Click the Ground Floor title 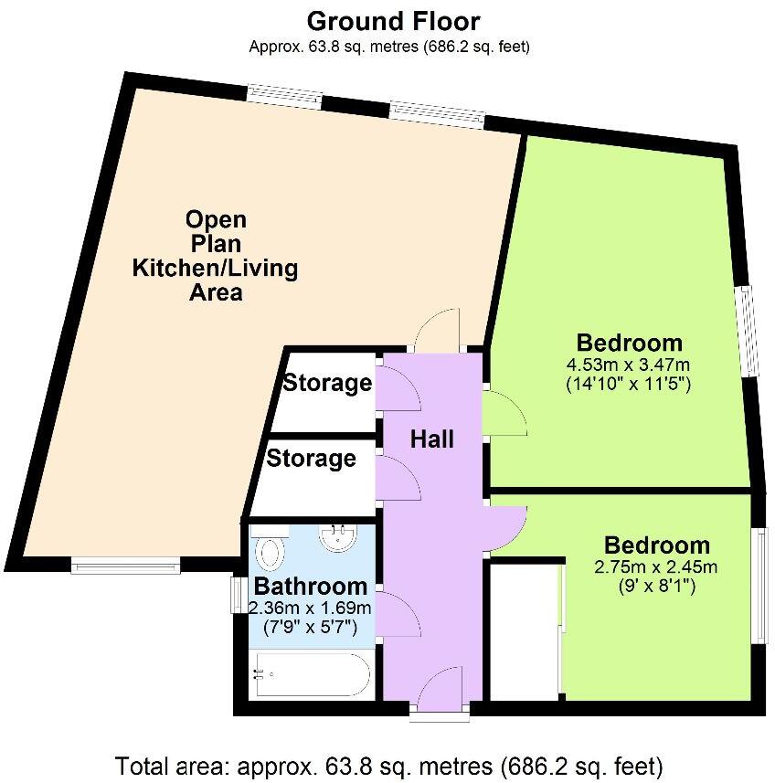(x=393, y=21)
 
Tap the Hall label (x=432, y=439)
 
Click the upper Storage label (x=327, y=383)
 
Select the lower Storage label (x=311, y=458)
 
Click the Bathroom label (x=311, y=587)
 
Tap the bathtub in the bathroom (x=311, y=674)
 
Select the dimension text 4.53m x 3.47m (x=629, y=365)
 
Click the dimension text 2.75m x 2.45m (x=655, y=566)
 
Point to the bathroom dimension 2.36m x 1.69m (x=311, y=608)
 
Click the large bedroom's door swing (x=505, y=414)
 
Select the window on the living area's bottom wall (x=126, y=566)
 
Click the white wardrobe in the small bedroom (x=526, y=630)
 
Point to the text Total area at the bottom (x=388, y=764)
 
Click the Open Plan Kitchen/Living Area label (x=216, y=256)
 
